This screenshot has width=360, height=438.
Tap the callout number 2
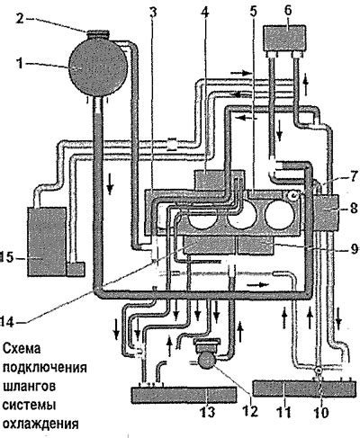(x=20, y=17)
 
